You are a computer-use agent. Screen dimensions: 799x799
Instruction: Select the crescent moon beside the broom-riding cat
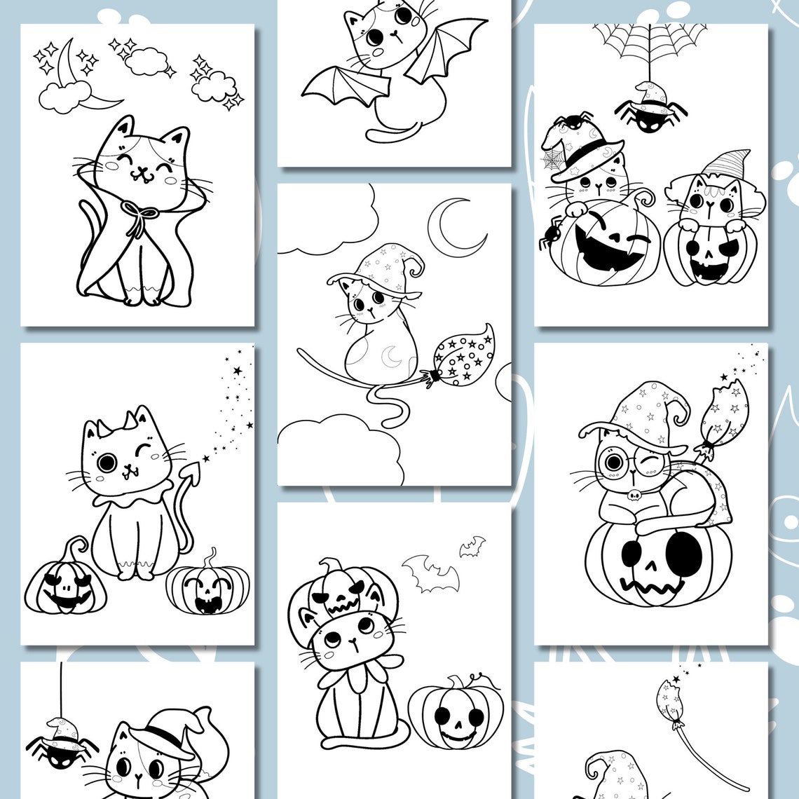click(458, 226)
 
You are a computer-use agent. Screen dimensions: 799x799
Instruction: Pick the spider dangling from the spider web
click(650, 110)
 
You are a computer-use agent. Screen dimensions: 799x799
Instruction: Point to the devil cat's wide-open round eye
click(107, 463)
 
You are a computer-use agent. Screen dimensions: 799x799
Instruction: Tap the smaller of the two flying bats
click(472, 547)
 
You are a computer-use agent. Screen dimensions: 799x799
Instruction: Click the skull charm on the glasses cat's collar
click(634, 496)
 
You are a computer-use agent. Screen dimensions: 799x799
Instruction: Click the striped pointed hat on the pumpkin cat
click(726, 164)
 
